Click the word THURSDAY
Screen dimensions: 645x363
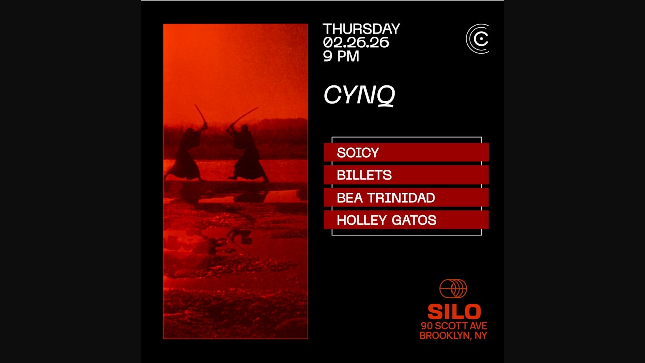click(361, 29)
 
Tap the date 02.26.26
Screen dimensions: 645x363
click(356, 43)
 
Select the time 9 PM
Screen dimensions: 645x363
click(341, 56)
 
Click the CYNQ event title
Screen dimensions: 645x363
click(359, 95)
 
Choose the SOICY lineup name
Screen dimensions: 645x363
click(358, 152)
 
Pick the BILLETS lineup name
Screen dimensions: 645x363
click(364, 175)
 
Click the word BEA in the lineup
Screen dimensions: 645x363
click(350, 198)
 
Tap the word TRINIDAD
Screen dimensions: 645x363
click(401, 198)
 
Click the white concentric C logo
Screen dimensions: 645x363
click(478, 39)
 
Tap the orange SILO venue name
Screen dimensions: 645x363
click(454, 311)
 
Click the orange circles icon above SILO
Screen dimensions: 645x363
click(453, 289)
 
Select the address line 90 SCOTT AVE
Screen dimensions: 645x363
click(454, 326)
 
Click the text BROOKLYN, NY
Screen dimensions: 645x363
click(453, 336)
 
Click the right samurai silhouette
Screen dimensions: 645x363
click(247, 153)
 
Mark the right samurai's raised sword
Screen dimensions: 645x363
click(244, 116)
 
